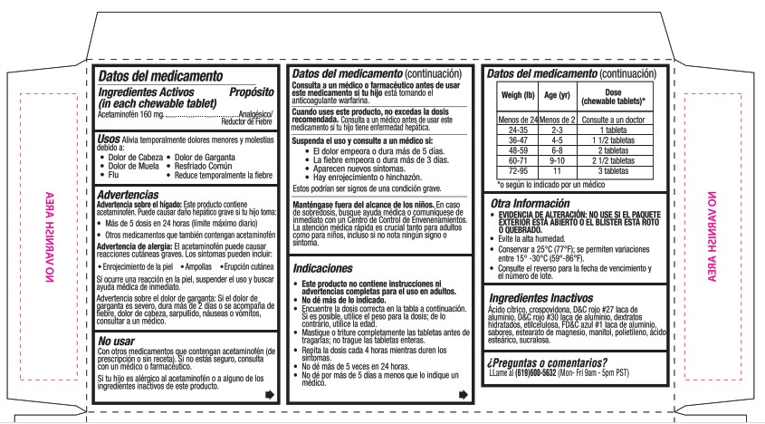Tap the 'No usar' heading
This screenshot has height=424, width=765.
coord(118,340)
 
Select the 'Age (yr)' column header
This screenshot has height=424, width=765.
coord(557,95)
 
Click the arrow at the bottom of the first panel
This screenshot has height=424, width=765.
coord(269,395)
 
